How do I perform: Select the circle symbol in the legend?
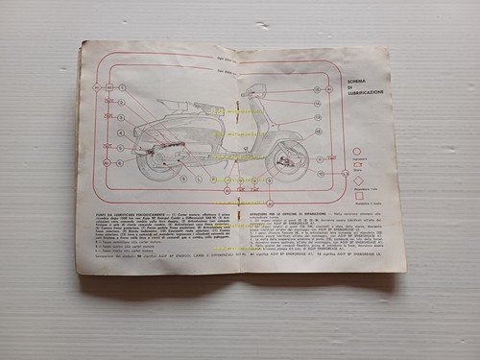pos(357,151)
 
